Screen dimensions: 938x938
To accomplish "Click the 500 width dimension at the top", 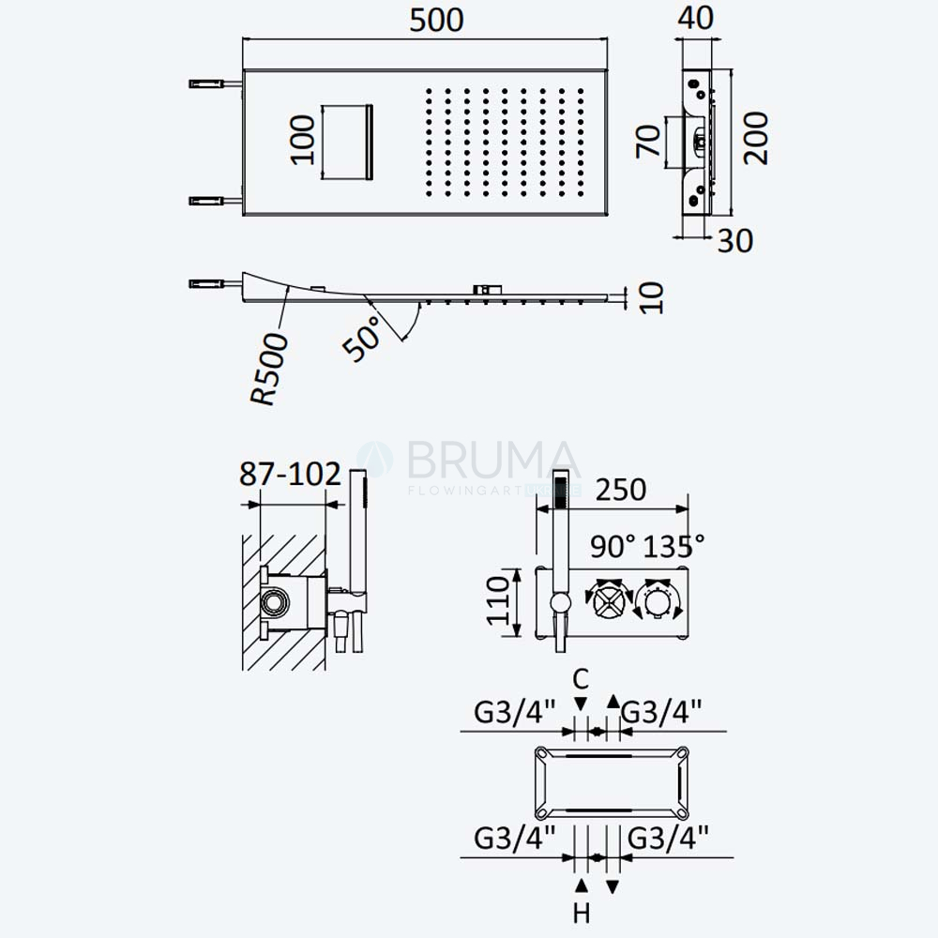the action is [x=436, y=20].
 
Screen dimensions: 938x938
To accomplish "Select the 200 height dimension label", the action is [x=755, y=138].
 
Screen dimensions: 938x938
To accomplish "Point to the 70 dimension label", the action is [x=648, y=142].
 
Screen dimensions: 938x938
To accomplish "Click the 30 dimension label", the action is [x=735, y=240].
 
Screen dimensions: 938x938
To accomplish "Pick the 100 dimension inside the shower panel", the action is [x=302, y=140].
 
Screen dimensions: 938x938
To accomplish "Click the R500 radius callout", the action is [x=269, y=369].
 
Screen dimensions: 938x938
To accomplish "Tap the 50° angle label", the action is [x=362, y=338].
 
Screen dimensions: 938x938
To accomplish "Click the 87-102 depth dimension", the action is [x=290, y=474].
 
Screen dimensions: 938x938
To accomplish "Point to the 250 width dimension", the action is [x=621, y=490].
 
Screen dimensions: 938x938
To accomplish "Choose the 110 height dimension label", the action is [x=498, y=601].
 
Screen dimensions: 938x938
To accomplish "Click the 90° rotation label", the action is [x=613, y=546].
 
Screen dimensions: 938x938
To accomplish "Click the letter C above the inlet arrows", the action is [x=581, y=679].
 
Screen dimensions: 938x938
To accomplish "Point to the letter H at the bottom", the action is [x=582, y=914].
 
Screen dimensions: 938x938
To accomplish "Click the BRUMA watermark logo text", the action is [x=493, y=461].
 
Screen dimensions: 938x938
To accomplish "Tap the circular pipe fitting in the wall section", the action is [x=275, y=602].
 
